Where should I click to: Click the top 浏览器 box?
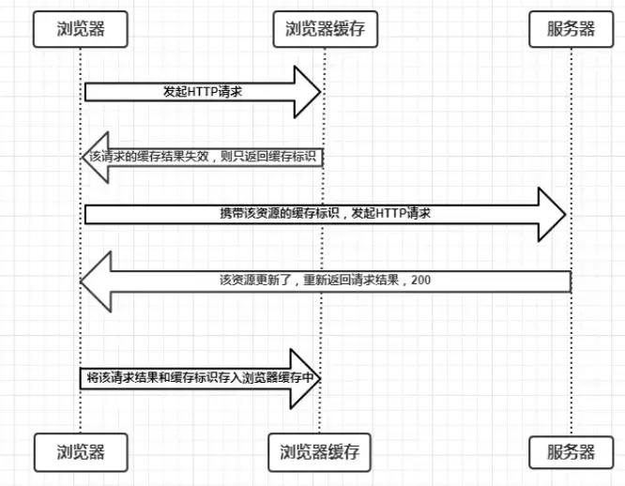(80, 28)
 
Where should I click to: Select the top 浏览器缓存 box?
(325, 28)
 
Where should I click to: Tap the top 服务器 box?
(571, 28)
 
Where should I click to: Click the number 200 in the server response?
(420, 280)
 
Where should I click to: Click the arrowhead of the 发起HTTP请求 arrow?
(308, 92)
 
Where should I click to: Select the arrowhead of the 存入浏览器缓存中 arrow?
(308, 377)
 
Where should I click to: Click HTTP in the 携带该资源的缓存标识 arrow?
(388, 214)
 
